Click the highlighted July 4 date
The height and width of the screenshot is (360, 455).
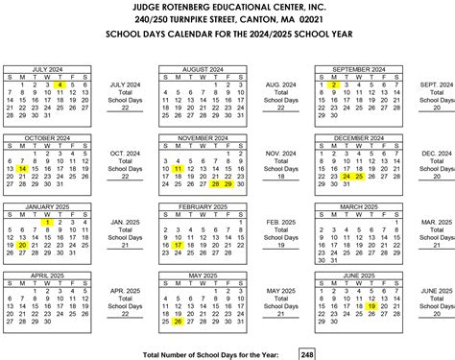(x=60, y=84)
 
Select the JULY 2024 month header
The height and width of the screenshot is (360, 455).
(x=47, y=69)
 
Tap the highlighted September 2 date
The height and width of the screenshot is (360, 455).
(x=333, y=84)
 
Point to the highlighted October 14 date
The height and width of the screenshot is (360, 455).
(x=21, y=169)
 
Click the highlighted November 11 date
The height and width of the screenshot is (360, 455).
(x=178, y=169)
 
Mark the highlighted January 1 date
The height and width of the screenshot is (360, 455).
(x=47, y=222)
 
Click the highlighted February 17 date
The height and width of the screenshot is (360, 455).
(x=178, y=245)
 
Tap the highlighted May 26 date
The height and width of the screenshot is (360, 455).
(x=178, y=321)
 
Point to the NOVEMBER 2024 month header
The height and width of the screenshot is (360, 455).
(x=203, y=137)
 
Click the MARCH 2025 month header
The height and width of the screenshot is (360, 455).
(x=359, y=205)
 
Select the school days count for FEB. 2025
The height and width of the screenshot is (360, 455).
(x=280, y=245)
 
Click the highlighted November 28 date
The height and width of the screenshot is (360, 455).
(x=216, y=184)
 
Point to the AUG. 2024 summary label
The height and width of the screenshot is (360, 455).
(x=280, y=85)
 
